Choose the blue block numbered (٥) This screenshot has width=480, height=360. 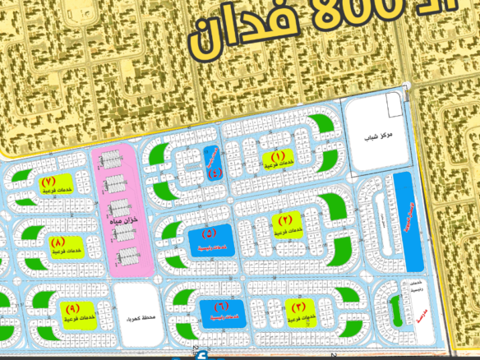[x=213, y=239]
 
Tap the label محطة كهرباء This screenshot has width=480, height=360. [x=136, y=315]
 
